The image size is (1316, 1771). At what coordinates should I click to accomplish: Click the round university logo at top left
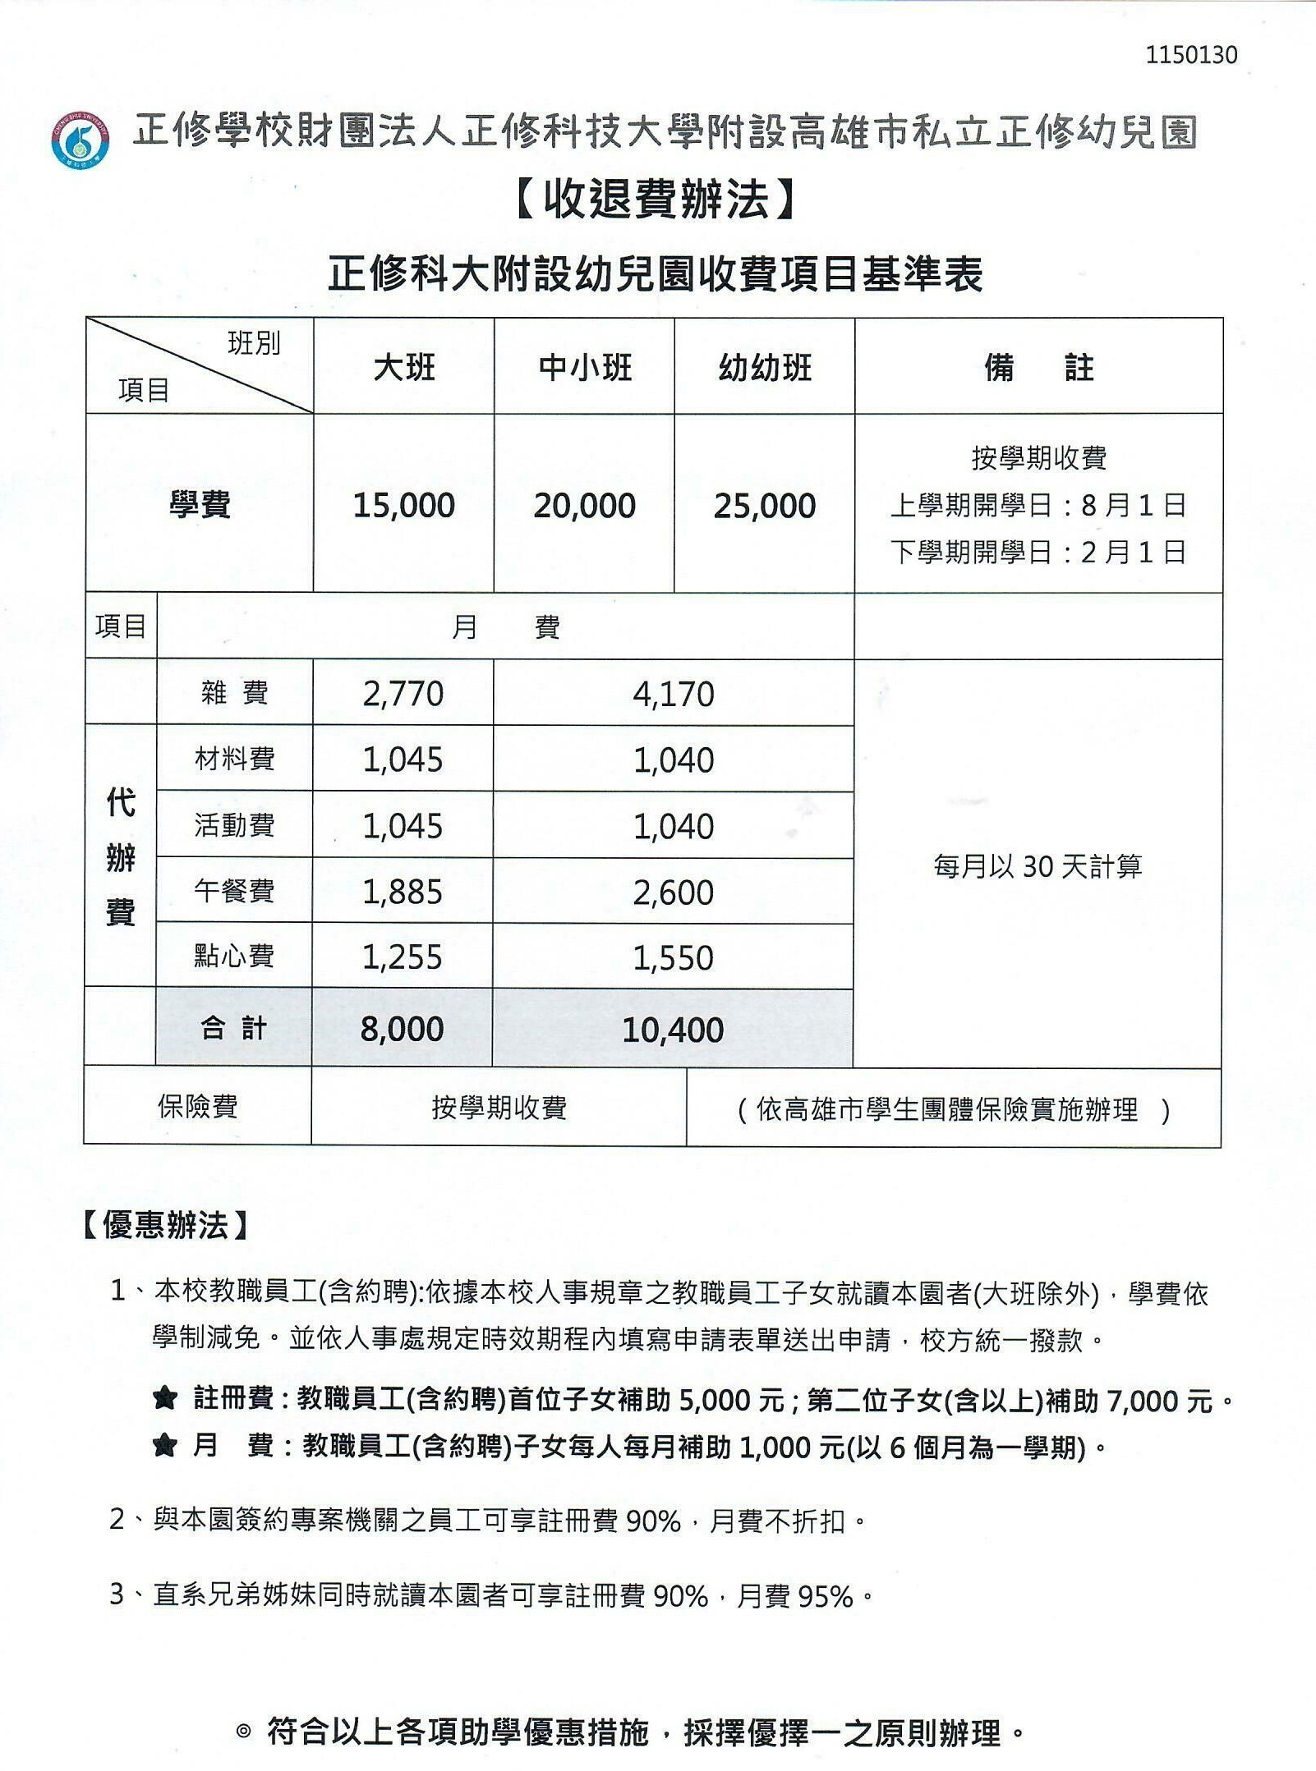[x=81, y=140]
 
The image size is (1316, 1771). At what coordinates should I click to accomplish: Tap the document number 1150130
[x=1191, y=55]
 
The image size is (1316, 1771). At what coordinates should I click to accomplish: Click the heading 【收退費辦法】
[x=656, y=200]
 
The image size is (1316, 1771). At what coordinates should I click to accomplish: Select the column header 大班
[x=403, y=367]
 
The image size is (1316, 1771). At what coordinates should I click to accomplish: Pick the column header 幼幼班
[x=765, y=367]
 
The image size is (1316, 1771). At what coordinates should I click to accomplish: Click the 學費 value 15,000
[x=403, y=506]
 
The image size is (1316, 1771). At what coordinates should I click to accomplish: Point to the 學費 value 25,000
[x=765, y=506]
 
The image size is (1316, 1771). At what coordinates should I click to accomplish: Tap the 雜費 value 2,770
[x=403, y=694]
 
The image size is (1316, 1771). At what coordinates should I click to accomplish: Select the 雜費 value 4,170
[x=674, y=695]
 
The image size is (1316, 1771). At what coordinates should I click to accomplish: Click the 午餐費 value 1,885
[x=403, y=892]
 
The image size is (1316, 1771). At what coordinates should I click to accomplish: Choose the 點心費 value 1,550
[x=674, y=958]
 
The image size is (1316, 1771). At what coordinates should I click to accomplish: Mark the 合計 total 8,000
[x=403, y=1029]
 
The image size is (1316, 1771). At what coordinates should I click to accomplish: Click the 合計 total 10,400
[x=674, y=1030]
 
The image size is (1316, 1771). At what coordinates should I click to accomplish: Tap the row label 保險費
[x=198, y=1107]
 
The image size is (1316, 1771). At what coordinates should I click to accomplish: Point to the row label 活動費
[x=235, y=825]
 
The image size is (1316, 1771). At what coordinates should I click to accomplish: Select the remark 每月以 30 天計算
[x=1038, y=866]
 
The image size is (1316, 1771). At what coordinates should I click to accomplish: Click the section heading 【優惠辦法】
[x=166, y=1226]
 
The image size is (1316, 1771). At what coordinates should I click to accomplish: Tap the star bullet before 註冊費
[x=165, y=1398]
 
